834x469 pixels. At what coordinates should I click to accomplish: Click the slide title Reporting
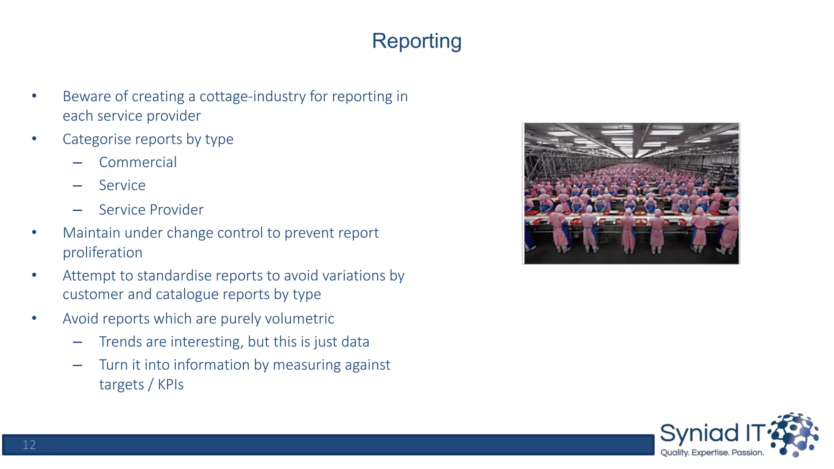417,41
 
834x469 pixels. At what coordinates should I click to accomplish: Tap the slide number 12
29,445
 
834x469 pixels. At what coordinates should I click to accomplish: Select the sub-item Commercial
138,162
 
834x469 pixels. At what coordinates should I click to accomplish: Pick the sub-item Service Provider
151,210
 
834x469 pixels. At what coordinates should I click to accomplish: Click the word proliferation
102,252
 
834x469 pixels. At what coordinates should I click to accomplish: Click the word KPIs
171,385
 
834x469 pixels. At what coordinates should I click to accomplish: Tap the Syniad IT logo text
713,433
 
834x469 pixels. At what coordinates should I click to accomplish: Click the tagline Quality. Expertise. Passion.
712,453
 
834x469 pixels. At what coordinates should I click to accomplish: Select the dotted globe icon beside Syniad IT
794,434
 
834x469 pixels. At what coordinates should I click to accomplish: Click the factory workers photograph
631,193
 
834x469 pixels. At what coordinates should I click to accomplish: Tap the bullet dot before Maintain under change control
34,232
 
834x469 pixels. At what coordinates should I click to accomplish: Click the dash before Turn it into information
77,365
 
